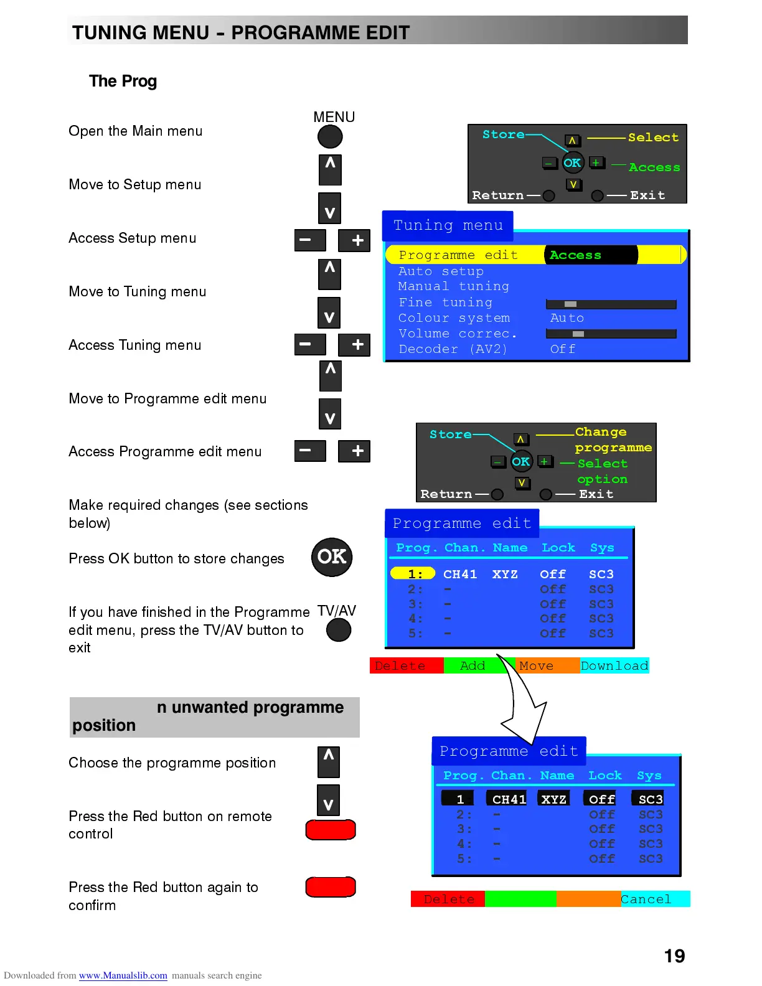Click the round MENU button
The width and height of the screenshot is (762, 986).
(330, 136)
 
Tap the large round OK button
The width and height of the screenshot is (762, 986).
(332, 556)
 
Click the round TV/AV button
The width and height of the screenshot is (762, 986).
(339, 630)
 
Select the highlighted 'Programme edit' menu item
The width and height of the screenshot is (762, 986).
(458, 255)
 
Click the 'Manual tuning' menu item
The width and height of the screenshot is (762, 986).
(453, 286)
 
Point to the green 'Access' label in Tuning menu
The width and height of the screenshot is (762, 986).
(575, 255)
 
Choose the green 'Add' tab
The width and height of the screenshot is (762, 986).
(473, 665)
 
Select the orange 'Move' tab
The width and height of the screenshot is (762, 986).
(537, 665)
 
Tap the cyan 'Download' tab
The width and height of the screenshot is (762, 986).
(614, 665)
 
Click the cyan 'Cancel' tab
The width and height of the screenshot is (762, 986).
(647, 899)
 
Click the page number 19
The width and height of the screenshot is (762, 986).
(674, 956)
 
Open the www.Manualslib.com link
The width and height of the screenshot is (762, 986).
(123, 975)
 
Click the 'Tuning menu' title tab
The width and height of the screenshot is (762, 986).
(448, 225)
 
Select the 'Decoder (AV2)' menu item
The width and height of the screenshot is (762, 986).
(453, 349)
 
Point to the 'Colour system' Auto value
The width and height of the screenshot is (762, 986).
(567, 318)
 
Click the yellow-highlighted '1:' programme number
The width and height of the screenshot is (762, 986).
(413, 573)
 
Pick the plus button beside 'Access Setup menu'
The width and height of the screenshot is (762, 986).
(354, 240)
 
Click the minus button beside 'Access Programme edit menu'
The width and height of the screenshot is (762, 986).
(310, 451)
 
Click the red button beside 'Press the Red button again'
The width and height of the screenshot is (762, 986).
(331, 887)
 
